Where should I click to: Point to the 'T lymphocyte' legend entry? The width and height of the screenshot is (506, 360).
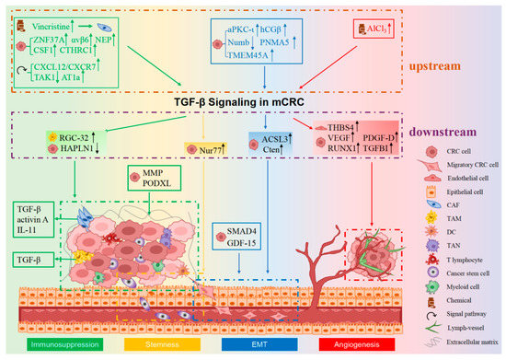click(454, 247)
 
